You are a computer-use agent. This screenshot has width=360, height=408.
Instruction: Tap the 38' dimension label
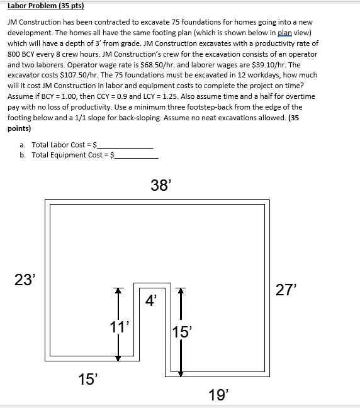tap(160, 184)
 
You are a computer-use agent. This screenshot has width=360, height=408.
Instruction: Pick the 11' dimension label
tap(120, 326)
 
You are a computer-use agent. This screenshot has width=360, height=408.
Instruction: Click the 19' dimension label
tap(218, 395)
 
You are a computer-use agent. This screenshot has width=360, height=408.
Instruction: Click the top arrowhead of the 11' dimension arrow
tap(116, 291)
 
